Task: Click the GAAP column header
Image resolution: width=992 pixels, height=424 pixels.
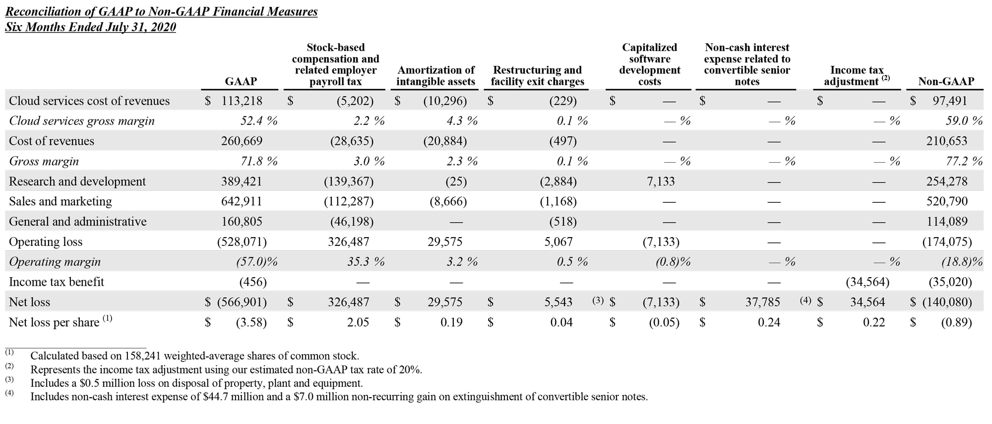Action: click(x=241, y=81)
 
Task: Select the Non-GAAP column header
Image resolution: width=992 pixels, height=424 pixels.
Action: click(x=946, y=81)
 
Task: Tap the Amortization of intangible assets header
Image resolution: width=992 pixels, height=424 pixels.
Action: click(x=435, y=76)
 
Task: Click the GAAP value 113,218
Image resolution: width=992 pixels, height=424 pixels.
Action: click(x=242, y=101)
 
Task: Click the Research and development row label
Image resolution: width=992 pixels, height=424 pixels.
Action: click(x=77, y=182)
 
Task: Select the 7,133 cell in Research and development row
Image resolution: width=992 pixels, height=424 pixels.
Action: click(x=661, y=182)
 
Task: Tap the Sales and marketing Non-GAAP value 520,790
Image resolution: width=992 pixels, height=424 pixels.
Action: click(x=946, y=201)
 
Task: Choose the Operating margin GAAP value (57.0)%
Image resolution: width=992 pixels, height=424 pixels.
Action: click(x=256, y=262)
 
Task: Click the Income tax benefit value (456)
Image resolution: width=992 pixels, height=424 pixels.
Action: click(x=253, y=282)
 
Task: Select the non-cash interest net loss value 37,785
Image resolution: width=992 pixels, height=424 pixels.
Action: click(x=762, y=302)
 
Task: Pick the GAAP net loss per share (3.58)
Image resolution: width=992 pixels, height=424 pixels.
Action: click(x=251, y=322)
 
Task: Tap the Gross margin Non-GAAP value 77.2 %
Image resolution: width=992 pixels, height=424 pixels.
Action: click(x=964, y=161)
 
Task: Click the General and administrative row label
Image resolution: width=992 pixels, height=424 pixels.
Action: click(x=78, y=222)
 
